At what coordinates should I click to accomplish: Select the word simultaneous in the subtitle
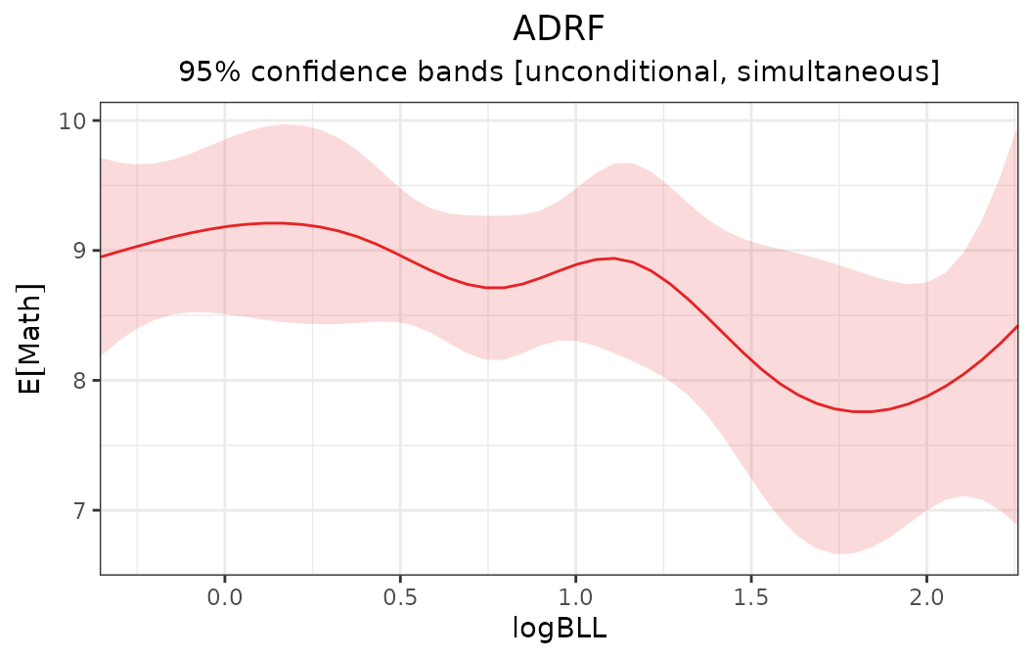[x=838, y=72]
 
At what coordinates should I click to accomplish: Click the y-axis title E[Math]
[x=31, y=338]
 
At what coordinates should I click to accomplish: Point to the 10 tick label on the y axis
[x=72, y=120]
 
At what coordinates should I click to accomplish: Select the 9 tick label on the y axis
[x=80, y=251]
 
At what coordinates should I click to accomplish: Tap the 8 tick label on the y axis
[x=80, y=381]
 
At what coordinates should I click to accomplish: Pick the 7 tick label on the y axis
[x=80, y=510]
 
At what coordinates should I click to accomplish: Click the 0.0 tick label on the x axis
[x=225, y=596]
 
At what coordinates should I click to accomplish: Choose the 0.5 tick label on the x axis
[x=400, y=596]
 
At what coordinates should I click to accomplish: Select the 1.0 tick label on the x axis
[x=575, y=596]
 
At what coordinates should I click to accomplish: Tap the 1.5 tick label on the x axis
[x=750, y=596]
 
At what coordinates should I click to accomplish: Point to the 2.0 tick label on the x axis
[x=925, y=596]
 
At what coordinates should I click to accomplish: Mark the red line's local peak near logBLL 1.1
[x=612, y=258]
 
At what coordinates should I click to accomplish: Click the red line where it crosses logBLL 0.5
[x=400, y=255]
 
